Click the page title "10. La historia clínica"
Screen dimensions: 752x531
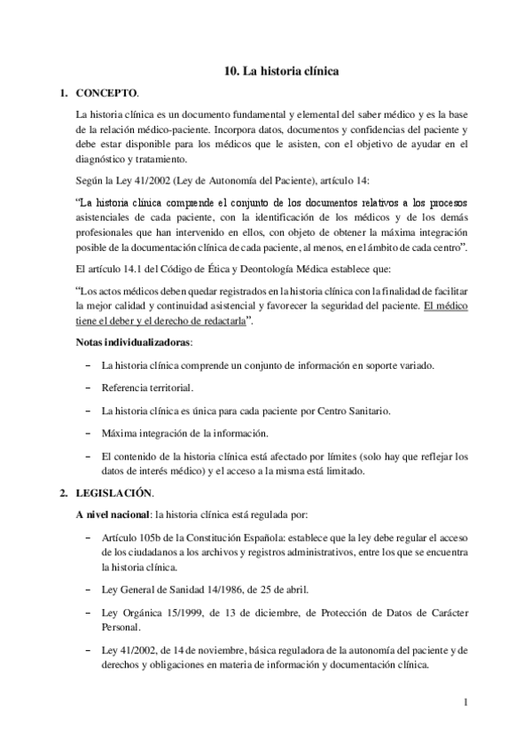point(277,69)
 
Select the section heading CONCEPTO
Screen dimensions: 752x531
point(106,91)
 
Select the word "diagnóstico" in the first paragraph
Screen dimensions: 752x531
point(107,160)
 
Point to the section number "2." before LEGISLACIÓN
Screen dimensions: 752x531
point(62,492)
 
